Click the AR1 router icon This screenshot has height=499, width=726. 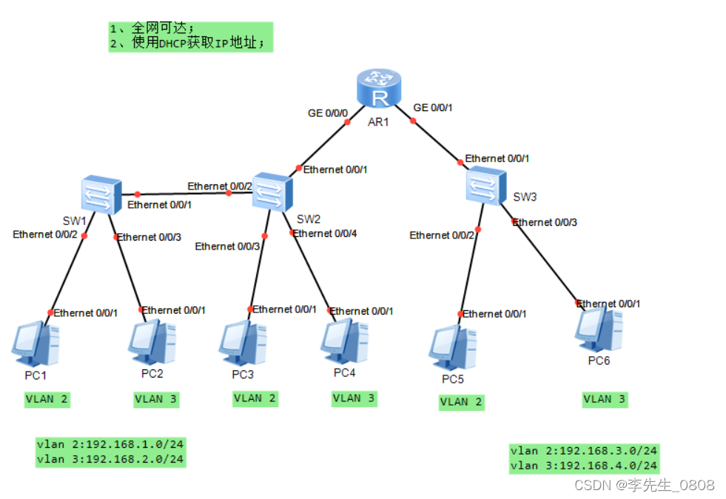coord(377,89)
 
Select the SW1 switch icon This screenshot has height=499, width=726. coord(101,195)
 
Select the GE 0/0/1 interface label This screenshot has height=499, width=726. coord(432,107)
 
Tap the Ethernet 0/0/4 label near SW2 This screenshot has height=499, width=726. coord(324,233)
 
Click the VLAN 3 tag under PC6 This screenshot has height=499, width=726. coord(604,399)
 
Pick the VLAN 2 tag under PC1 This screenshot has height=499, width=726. coord(47,399)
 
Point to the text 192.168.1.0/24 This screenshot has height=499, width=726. coord(135,445)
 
